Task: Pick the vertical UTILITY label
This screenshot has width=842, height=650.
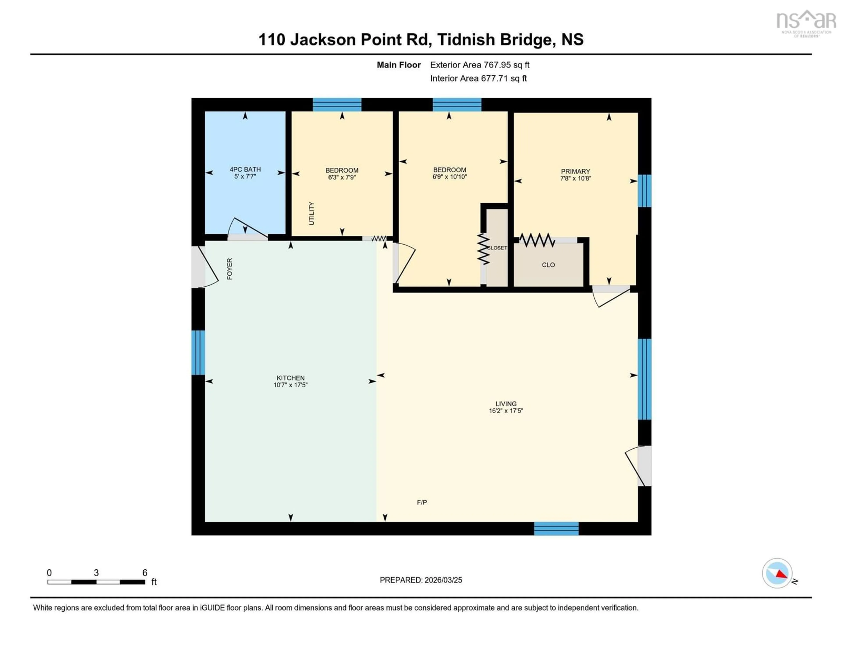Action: (x=312, y=213)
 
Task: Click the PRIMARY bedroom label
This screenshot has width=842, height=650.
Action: (x=575, y=171)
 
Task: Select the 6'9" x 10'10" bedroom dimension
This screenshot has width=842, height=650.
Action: (x=450, y=177)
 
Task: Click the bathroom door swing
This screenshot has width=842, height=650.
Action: (x=247, y=229)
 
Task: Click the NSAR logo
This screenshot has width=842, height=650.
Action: (x=806, y=23)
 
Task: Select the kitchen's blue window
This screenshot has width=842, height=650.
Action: (x=198, y=353)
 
